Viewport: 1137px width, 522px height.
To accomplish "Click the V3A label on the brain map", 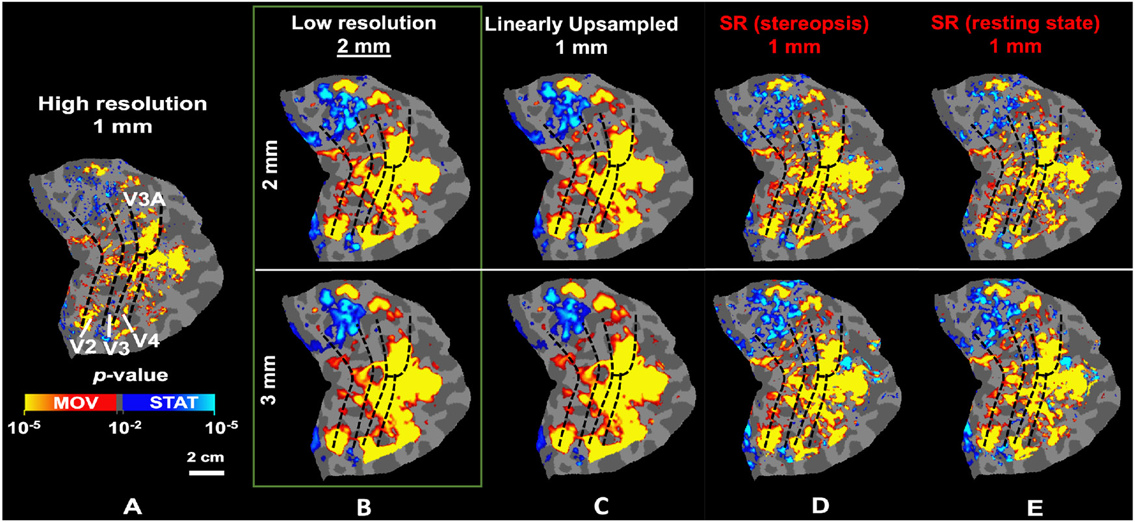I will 145,200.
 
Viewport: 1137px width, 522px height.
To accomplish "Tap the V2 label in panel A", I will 84,346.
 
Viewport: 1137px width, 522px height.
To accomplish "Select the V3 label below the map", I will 117,348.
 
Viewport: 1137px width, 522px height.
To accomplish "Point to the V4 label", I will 146,340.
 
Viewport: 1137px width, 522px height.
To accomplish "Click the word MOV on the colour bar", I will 75,403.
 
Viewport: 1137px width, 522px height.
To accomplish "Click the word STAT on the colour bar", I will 173,403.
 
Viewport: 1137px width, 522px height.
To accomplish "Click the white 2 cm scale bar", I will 206,472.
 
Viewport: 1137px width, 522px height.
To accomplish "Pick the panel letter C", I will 601,506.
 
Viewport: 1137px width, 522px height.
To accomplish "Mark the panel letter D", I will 820,506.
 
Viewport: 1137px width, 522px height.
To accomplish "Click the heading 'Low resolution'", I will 363,23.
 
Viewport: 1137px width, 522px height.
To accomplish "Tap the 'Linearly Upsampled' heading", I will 581,25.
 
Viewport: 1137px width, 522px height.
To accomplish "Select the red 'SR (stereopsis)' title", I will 794,23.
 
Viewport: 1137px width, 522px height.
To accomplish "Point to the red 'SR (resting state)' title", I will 1015,23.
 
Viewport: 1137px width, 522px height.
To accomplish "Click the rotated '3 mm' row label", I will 268,380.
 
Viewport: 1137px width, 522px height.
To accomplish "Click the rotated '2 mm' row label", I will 268,164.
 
